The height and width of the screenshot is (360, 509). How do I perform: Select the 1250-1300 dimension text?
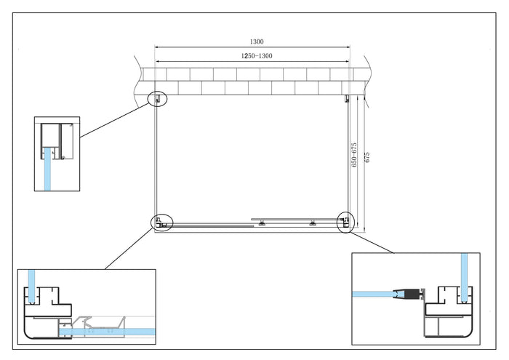point(253,55)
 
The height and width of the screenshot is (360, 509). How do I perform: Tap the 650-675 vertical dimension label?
point(354,155)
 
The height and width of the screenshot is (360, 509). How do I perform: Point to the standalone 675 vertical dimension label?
point(367,158)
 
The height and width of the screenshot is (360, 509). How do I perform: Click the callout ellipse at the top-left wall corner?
point(157,98)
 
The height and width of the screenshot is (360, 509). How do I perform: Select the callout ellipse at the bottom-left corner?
point(161,223)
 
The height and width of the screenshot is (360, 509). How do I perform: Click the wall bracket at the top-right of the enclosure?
point(348,98)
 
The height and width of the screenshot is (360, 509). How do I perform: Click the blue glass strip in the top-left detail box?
point(48,167)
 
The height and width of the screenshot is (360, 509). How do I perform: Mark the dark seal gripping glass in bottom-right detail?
point(409,293)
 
